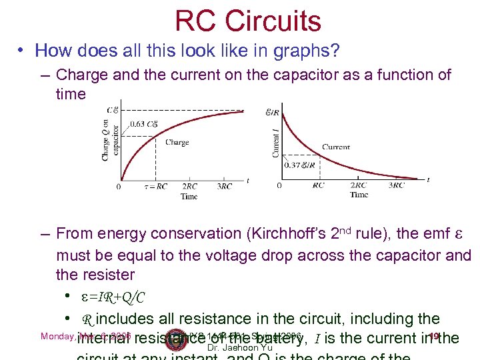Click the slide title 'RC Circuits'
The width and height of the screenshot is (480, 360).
point(248,21)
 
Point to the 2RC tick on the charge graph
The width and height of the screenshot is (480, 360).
point(190,187)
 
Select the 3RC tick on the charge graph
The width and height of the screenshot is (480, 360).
point(225,187)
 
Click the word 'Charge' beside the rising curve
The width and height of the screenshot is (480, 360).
point(177,142)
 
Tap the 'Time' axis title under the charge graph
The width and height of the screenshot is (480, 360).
point(189,197)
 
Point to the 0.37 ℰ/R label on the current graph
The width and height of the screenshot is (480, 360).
point(300,164)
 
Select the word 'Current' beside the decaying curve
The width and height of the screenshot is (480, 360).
point(335,147)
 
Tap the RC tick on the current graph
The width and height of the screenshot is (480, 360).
point(319,185)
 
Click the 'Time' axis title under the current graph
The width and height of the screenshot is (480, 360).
point(358,195)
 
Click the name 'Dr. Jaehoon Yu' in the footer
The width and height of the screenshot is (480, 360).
point(240,347)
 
